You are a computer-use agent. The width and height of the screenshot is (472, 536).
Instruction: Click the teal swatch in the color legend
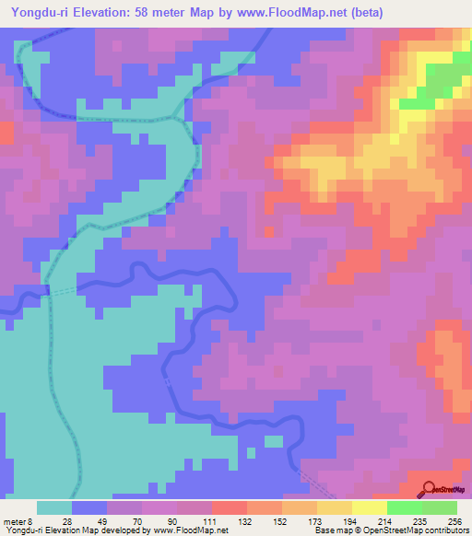[x=54, y=507]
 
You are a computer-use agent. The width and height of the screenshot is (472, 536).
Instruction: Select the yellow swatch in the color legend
[x=369, y=507]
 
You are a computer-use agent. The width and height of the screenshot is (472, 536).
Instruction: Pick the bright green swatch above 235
[x=404, y=507]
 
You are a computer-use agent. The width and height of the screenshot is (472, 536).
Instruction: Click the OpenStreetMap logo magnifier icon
[x=428, y=489]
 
